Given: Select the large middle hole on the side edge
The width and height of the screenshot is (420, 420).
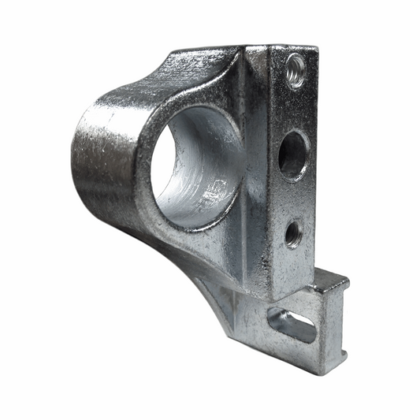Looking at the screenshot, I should coord(292,154).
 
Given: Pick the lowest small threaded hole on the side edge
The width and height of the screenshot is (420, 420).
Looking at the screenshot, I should coord(292,233).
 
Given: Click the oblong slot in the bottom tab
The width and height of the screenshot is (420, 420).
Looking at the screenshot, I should coord(293,325).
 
